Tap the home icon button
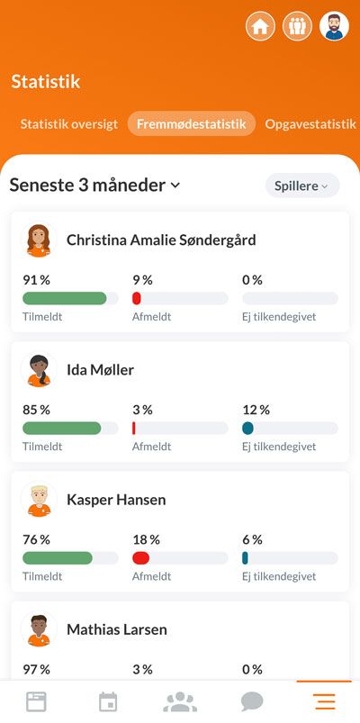coord(260,26)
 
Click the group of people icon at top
coord(297,26)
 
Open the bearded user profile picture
coord(334,26)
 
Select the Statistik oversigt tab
coord(69,124)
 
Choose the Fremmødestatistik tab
coord(191,124)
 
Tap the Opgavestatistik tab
coord(310,124)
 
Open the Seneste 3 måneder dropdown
coord(94,185)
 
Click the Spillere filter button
coord(301,185)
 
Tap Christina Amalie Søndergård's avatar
coord(38,240)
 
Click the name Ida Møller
coord(100,370)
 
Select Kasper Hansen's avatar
coord(38,500)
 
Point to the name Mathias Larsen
coord(116,629)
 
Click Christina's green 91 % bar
coord(64,298)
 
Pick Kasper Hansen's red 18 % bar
coord(140,558)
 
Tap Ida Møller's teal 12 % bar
coord(248,429)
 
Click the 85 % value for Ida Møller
coord(36,410)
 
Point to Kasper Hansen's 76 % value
coord(36,539)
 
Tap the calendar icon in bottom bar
coord(108,701)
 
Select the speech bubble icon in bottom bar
coord(252,701)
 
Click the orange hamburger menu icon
coord(324,701)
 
